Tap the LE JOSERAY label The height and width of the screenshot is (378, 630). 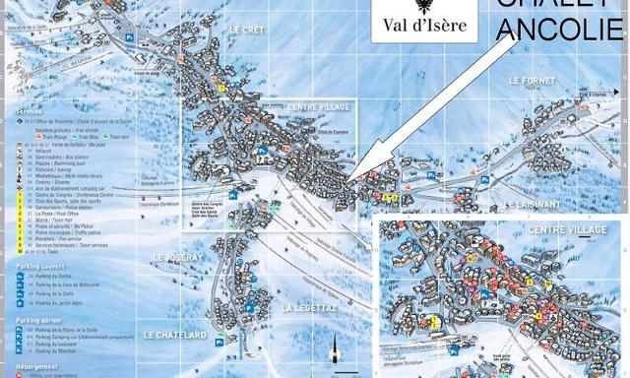pos(176,257)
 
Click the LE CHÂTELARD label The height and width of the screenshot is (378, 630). pos(172,336)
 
